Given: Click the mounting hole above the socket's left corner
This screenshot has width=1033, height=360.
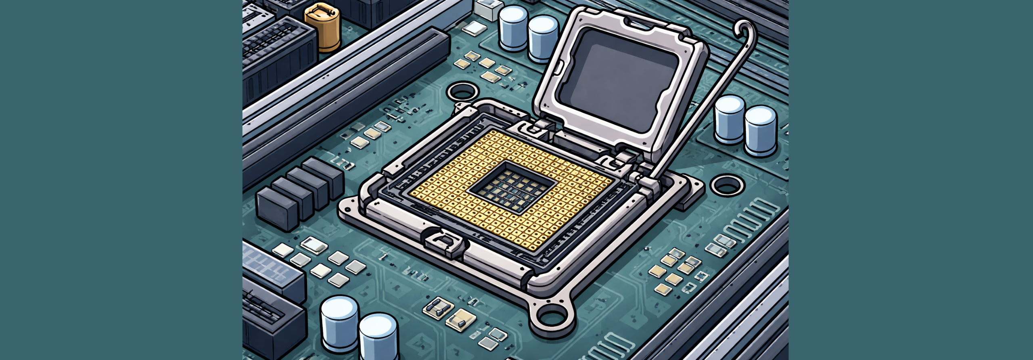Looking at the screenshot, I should pos(462,92).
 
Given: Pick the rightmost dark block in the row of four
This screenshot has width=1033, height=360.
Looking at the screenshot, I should pos(323,174).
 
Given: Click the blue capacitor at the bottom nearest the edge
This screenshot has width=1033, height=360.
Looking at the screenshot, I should pos(378,335).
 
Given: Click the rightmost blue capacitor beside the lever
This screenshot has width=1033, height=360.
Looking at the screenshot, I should pos(760,130).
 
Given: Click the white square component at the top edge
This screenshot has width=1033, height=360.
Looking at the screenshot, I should pos(489,9).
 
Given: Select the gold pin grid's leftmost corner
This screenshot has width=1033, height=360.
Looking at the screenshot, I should pos(411,193).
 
